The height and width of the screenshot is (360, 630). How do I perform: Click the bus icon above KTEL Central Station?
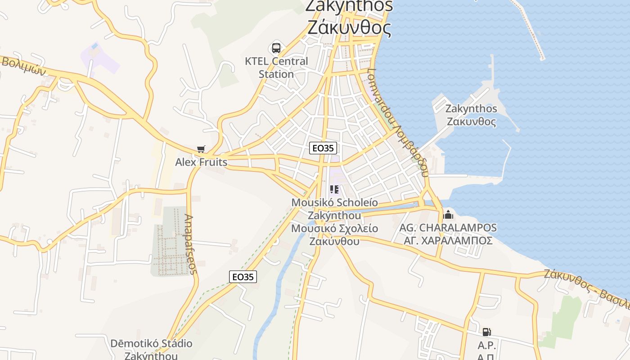click(276, 48)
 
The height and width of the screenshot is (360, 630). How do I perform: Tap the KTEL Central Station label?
click(276, 67)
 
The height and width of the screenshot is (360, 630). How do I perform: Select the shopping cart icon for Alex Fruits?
click(201, 149)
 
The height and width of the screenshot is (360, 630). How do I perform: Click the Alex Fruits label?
click(201, 162)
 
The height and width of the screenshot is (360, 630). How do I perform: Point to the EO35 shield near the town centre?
click(323, 148)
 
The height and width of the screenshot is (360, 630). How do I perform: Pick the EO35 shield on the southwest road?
click(243, 277)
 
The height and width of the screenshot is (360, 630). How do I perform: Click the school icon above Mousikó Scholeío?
click(334, 189)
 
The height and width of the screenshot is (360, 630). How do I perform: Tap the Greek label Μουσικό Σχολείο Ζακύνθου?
click(334, 234)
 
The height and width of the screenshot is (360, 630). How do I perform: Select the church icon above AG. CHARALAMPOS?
click(448, 214)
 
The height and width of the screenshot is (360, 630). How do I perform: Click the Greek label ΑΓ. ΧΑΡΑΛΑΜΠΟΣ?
click(448, 241)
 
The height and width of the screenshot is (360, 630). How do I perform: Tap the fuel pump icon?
click(486, 332)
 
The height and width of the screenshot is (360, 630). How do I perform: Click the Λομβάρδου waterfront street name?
click(397, 122)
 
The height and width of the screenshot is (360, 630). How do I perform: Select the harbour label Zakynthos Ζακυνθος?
click(471, 115)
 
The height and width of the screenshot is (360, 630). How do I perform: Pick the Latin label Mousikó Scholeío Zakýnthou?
click(334, 209)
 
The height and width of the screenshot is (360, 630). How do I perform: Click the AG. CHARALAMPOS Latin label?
click(448, 228)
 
